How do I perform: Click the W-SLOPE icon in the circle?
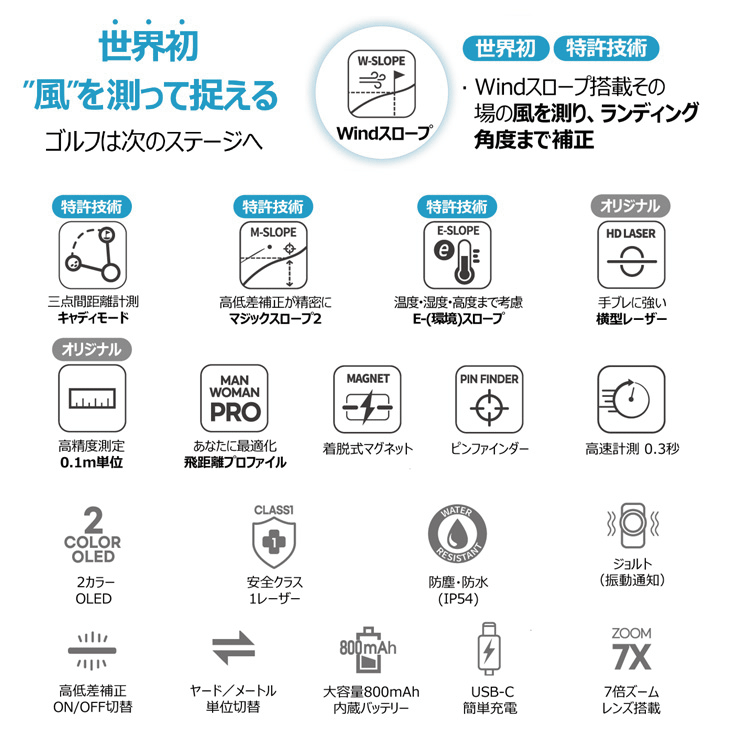coord(382,84)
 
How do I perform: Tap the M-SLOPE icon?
coord(273,255)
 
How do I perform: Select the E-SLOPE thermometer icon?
coord(457,255)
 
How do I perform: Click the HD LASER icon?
coord(631,255)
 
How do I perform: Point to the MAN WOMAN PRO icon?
coord(234,399)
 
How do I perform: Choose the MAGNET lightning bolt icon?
coord(367,399)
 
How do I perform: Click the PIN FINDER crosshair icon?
coord(489,399)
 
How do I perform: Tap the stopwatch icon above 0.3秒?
coord(631,399)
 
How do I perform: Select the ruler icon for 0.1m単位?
coord(92,399)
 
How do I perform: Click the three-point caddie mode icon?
coord(93,255)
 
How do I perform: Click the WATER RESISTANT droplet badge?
coord(457,534)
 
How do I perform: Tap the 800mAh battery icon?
coord(368,649)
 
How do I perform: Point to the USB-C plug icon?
coord(489,649)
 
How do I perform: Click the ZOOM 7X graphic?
coord(632,649)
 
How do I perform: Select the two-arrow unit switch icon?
coord(233,648)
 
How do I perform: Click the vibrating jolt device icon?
coord(633,525)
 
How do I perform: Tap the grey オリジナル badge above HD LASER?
coord(630,206)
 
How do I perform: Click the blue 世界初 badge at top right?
coord(506,48)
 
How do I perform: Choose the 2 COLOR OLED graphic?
coord(93,535)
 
